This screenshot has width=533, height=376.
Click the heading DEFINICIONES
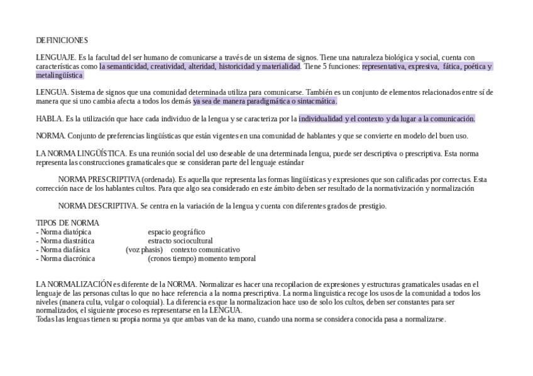click(62, 40)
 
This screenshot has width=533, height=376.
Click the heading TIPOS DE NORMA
click(67, 223)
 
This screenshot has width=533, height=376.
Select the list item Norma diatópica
click(64, 232)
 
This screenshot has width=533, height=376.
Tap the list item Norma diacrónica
click(66, 258)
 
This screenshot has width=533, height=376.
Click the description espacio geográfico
click(176, 232)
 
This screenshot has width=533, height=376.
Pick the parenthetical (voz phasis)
click(144, 249)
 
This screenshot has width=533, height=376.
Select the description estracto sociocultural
click(180, 240)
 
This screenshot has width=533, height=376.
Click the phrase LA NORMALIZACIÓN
click(74, 284)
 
